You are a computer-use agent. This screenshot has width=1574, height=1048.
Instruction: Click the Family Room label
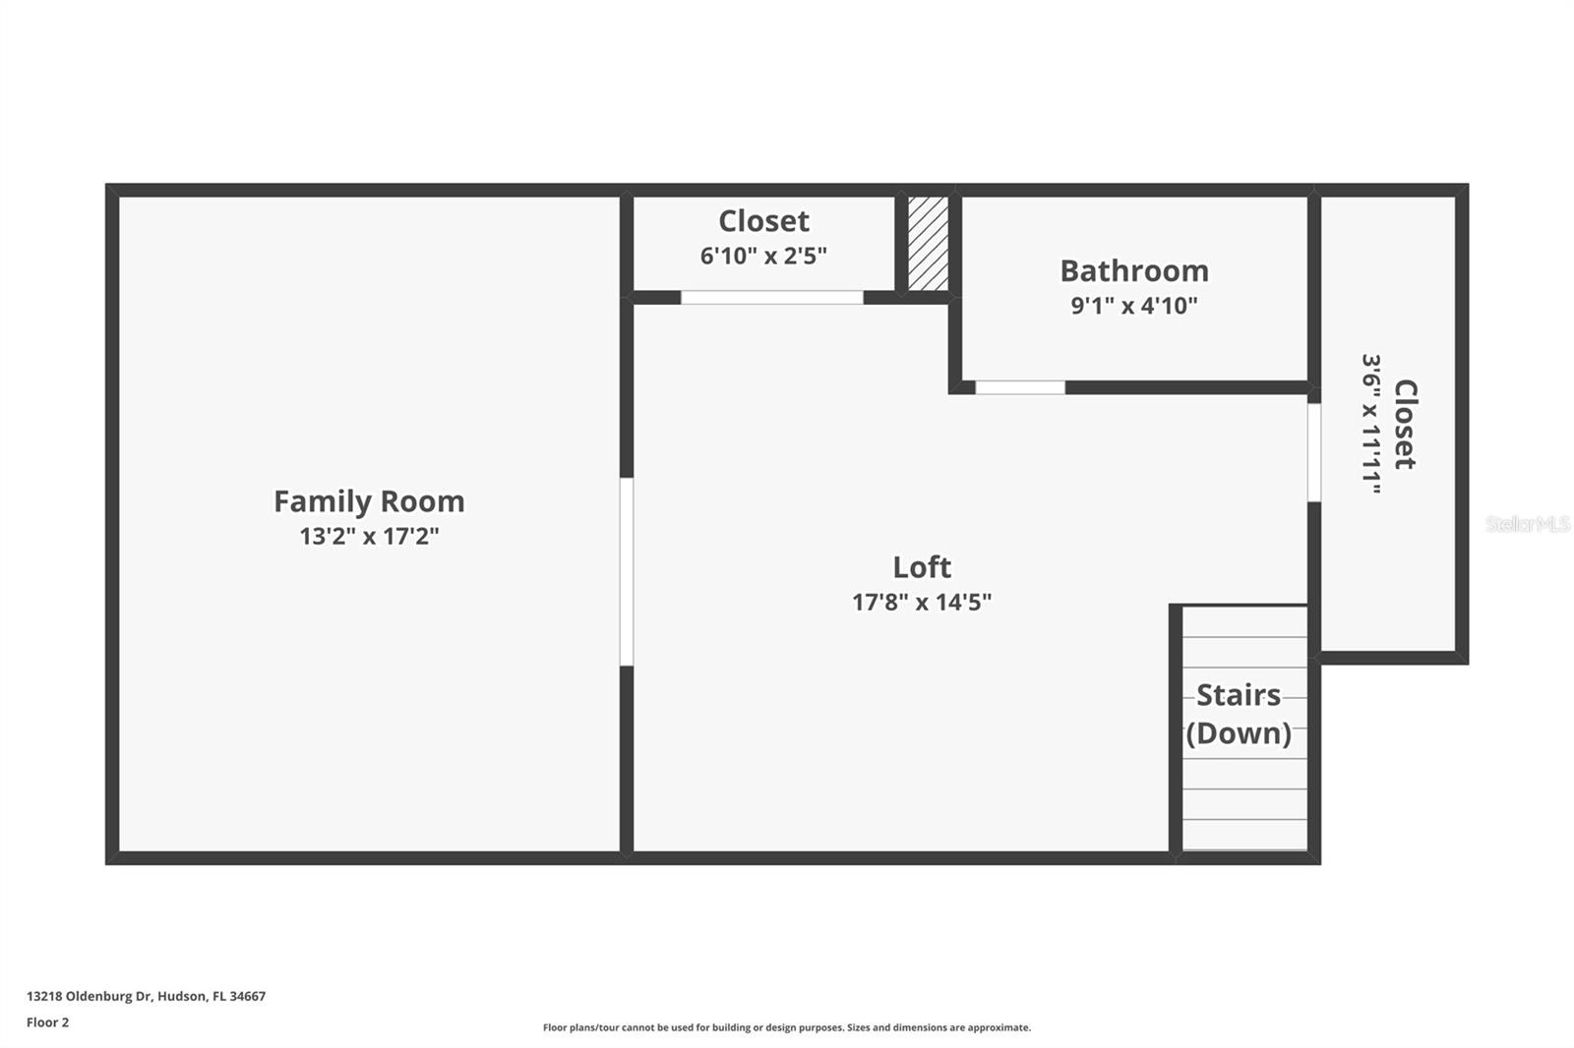click(369, 501)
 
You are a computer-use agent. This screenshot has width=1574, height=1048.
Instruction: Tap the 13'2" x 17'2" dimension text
click(369, 537)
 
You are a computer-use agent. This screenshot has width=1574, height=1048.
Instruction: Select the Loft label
click(922, 567)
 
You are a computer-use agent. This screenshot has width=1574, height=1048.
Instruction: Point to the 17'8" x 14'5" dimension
click(922, 602)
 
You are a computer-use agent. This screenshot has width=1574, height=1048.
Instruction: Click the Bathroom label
click(1134, 270)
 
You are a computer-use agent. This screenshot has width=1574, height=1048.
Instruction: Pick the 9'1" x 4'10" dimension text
click(1134, 306)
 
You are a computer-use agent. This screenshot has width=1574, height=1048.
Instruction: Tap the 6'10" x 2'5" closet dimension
click(763, 256)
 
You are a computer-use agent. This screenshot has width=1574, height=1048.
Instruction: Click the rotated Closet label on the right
click(1405, 425)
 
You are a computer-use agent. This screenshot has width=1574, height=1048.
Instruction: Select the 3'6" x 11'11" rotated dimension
click(1371, 425)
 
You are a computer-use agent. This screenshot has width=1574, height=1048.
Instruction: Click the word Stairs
click(1239, 696)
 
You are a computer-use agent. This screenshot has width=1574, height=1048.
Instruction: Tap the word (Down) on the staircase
click(1239, 733)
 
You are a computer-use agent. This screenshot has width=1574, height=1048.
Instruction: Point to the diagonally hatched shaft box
click(928, 243)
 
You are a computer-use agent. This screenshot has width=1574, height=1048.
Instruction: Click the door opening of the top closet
click(772, 297)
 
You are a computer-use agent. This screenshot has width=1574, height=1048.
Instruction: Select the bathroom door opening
click(1020, 387)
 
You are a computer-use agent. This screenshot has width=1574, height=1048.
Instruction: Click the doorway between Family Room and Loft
click(627, 571)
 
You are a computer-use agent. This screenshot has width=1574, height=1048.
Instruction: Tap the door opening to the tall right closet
click(1313, 452)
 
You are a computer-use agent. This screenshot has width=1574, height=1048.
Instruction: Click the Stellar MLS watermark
click(1527, 524)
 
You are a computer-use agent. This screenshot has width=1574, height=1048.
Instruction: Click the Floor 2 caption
click(47, 1022)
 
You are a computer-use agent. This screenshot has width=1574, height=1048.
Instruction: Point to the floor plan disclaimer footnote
click(787, 1027)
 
